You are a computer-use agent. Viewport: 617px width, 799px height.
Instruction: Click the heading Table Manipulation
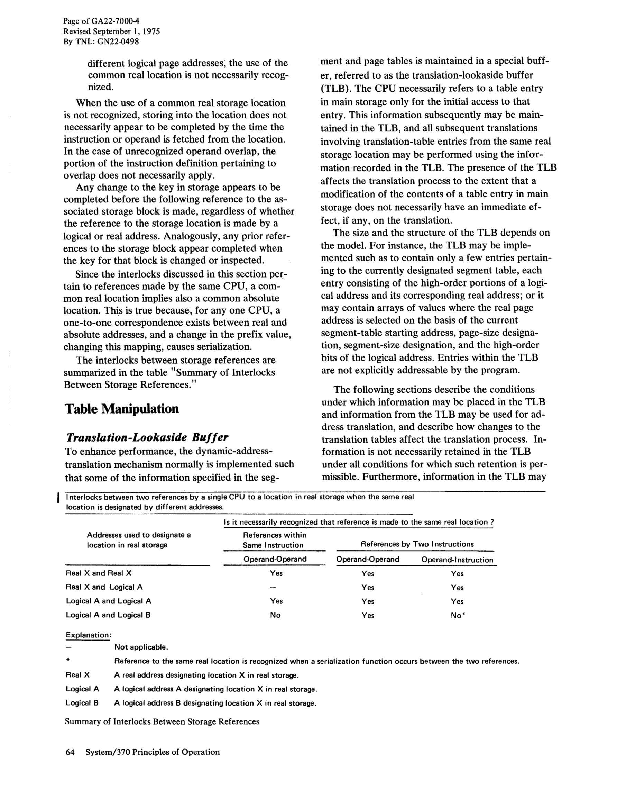pyautogui.click(x=122, y=409)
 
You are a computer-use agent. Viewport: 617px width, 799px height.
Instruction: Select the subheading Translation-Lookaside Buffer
pyautogui.click(x=147, y=437)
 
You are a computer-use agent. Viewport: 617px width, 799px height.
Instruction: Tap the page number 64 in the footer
pyautogui.click(x=70, y=752)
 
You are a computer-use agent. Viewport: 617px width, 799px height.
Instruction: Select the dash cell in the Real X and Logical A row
pyautogui.click(x=276, y=587)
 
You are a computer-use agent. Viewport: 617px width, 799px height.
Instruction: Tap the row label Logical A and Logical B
pyautogui.click(x=108, y=615)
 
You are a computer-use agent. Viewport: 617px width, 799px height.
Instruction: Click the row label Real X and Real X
pyautogui.click(x=99, y=573)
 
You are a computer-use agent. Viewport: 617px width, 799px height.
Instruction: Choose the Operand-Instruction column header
pyautogui.click(x=457, y=560)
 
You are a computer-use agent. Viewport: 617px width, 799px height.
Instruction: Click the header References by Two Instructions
pyautogui.click(x=417, y=544)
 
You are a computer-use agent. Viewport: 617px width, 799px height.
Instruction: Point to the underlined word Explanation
pyautogui.click(x=88, y=635)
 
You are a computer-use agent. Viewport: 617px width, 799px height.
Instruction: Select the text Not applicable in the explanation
pyautogui.click(x=141, y=647)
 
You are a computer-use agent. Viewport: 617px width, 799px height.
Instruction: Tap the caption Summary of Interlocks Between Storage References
pyautogui.click(x=162, y=721)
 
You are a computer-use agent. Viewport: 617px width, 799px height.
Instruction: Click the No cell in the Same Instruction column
pyautogui.click(x=275, y=615)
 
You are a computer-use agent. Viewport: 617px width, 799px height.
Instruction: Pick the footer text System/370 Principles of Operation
pyautogui.click(x=153, y=752)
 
